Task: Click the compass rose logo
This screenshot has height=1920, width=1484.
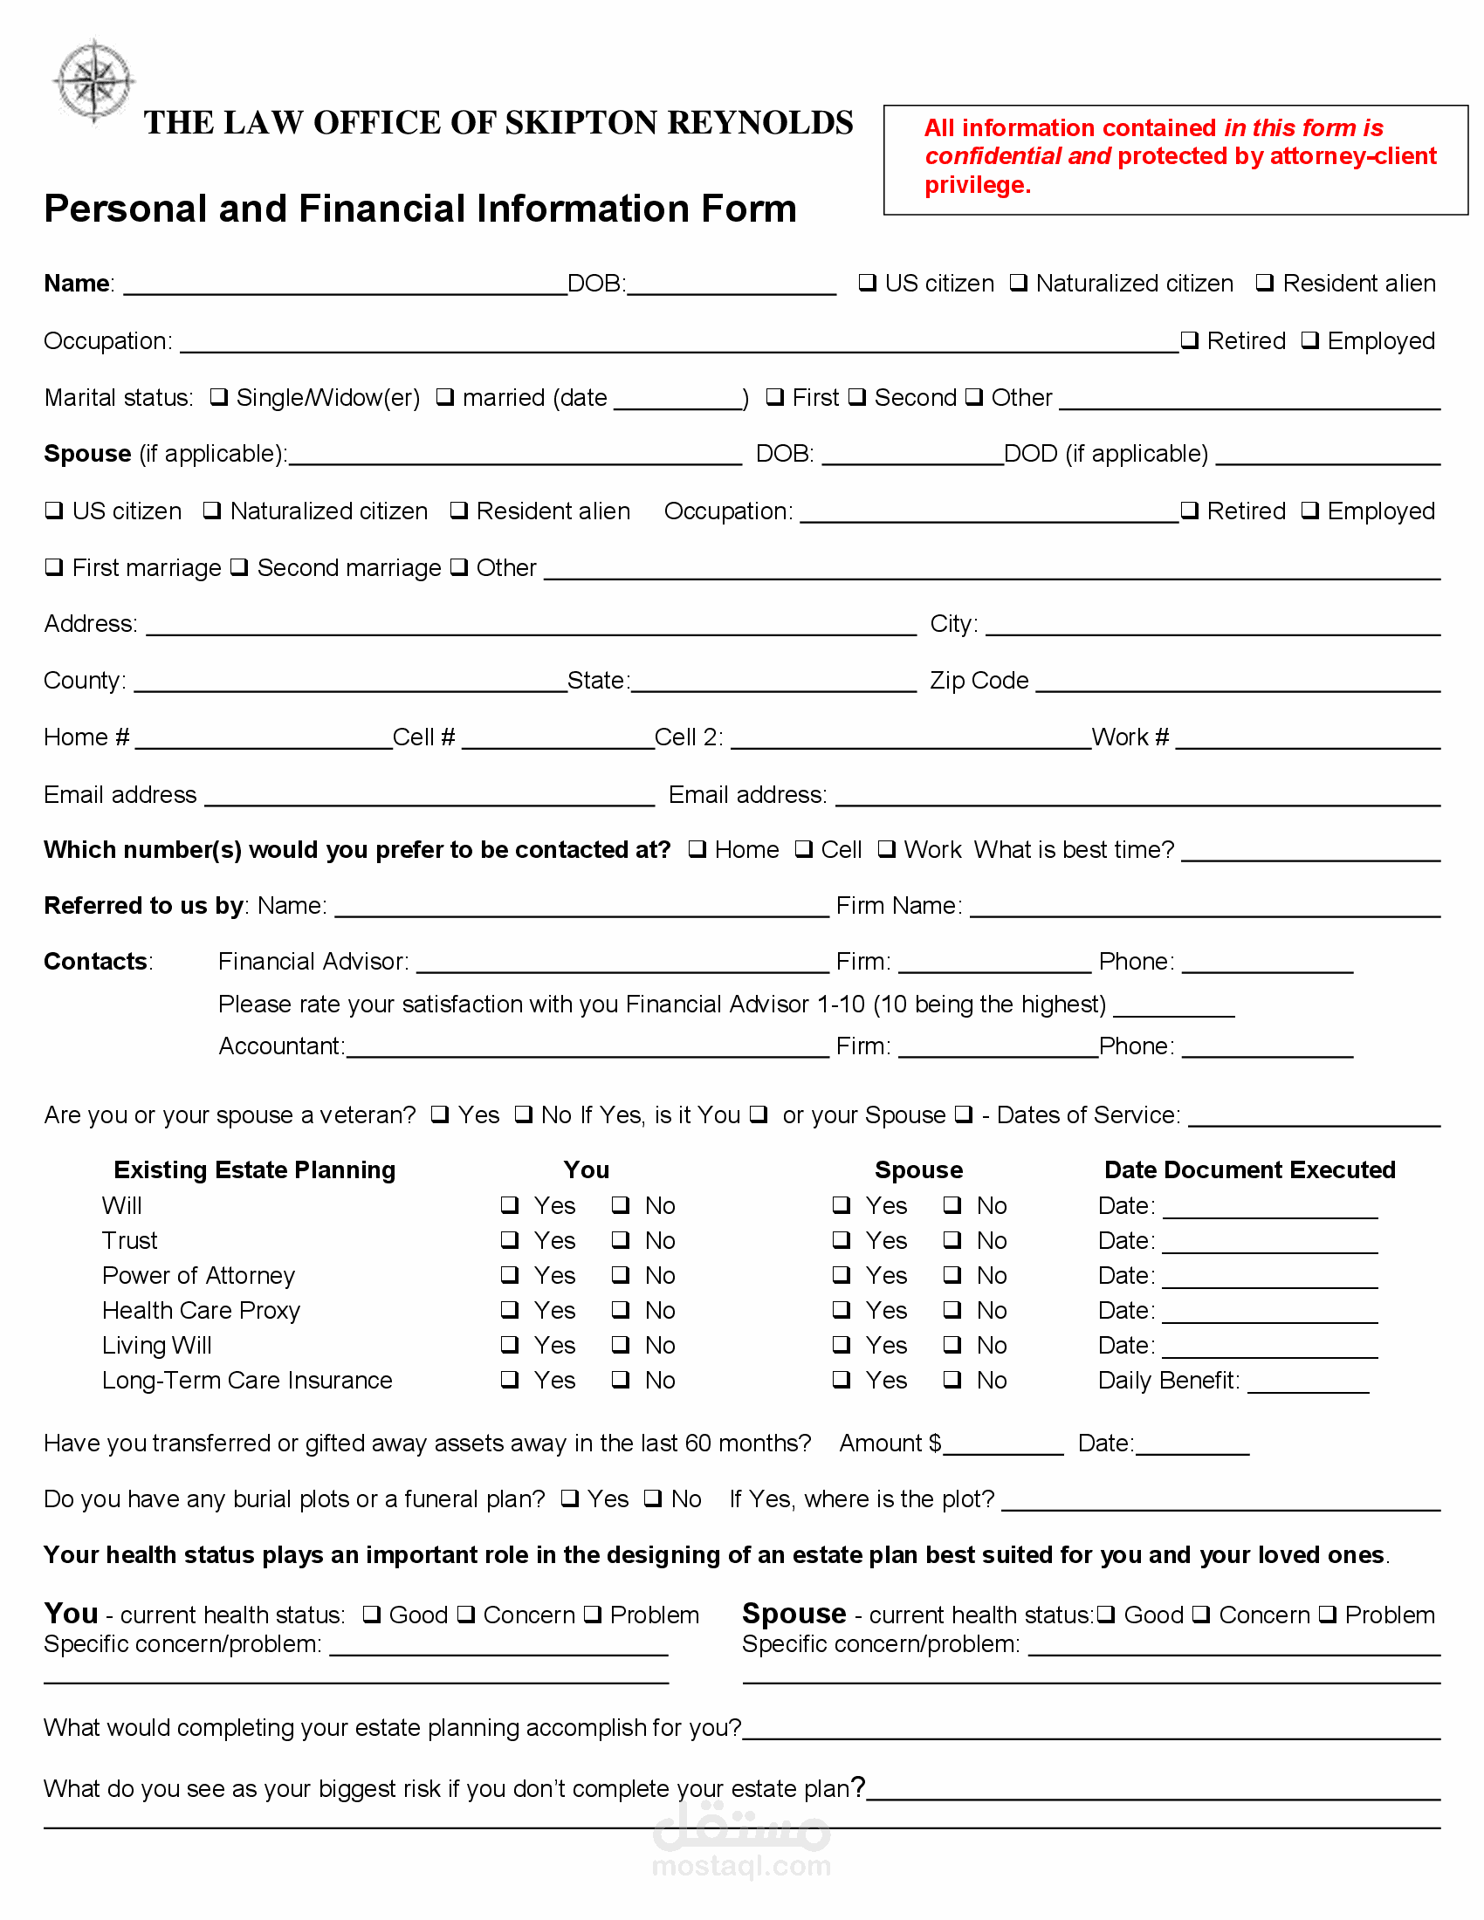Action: coord(94,82)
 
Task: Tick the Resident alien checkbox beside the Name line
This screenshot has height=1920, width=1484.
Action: coord(1264,283)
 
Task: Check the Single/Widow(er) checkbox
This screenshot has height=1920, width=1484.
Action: coord(219,397)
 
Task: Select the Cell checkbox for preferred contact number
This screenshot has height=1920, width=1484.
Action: coord(803,849)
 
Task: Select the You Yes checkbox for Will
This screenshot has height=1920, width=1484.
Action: coord(510,1205)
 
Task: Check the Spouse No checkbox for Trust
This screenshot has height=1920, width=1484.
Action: coord(952,1240)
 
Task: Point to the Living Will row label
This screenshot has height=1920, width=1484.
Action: coord(156,1346)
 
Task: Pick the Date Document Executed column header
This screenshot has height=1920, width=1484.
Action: coord(1249,1170)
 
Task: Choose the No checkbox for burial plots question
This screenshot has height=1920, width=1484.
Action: coord(653,1498)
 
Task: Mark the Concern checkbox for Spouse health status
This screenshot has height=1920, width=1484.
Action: coord(1201,1615)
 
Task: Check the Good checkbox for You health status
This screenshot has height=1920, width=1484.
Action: coord(372,1615)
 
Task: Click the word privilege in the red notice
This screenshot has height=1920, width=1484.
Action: coord(978,186)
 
